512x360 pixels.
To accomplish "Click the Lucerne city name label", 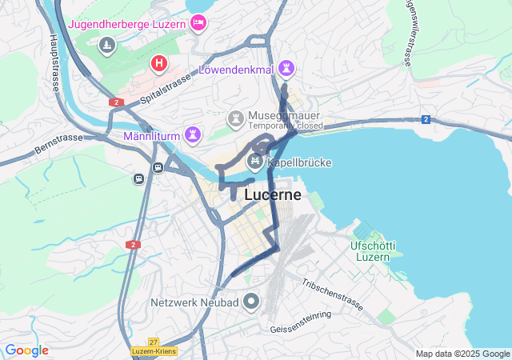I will coord(273,194).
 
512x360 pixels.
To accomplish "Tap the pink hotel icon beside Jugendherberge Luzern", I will coord(198,23).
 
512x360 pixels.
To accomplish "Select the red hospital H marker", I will coord(159,62).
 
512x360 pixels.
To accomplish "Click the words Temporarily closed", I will coord(286,126).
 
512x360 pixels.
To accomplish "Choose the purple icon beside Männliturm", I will coord(192,133).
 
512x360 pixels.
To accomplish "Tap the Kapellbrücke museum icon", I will coord(254,162).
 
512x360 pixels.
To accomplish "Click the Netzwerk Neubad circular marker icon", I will coord(251,302).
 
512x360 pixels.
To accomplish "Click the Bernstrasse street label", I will coord(58,143).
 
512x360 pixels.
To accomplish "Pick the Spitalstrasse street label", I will coord(167,90).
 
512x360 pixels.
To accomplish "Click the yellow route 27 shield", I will coord(153,342).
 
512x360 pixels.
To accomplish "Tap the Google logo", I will coord(26,350).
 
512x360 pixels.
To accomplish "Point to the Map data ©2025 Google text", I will coord(462,354).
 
